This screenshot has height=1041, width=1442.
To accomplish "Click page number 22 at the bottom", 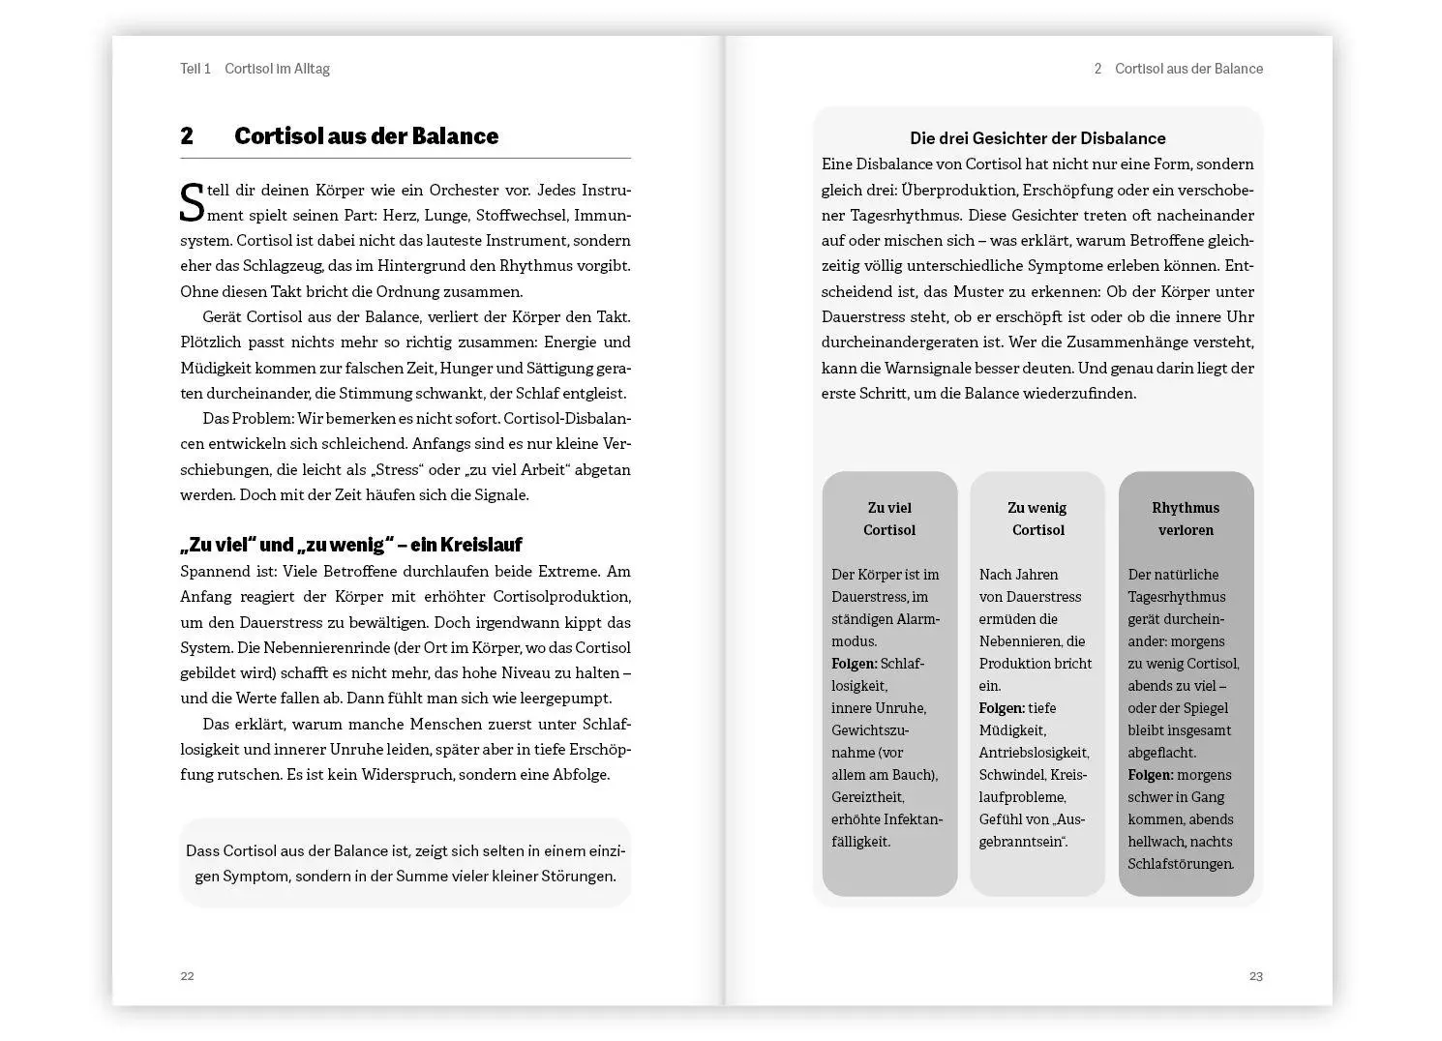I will (187, 975).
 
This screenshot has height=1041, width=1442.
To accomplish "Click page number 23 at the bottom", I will (1255, 975).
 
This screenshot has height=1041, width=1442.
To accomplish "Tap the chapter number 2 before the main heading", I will (187, 136).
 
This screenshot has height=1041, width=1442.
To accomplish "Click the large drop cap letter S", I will (192, 202).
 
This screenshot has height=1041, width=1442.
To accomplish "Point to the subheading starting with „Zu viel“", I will (350, 545).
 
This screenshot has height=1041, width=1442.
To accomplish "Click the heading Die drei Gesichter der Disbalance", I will (1036, 138).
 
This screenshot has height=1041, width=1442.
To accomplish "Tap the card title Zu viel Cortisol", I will (888, 519).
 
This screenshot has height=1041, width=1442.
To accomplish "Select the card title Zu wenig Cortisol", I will (1036, 519).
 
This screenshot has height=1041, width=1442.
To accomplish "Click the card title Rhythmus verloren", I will (1185, 519).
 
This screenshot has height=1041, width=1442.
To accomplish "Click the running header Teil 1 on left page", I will (195, 69).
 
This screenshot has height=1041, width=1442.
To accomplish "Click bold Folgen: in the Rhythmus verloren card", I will (1150, 775).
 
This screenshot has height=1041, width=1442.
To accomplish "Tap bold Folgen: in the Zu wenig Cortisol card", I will (1002, 708).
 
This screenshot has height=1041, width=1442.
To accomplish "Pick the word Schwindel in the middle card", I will (1006, 775).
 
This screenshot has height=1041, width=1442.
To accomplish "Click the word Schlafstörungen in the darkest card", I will (1180, 864).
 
